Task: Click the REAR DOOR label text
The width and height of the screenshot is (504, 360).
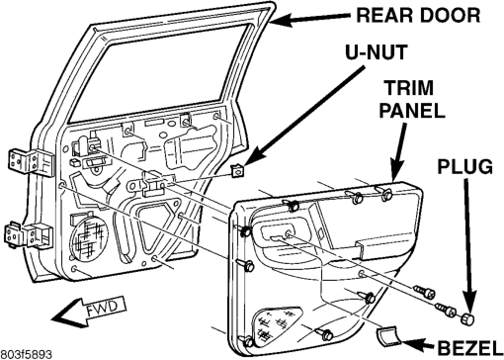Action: (418, 15)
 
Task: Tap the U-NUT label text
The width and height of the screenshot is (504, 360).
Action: (377, 52)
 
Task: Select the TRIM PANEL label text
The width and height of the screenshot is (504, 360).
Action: (412, 99)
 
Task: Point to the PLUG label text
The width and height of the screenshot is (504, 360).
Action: (464, 166)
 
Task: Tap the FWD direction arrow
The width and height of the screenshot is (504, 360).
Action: (89, 310)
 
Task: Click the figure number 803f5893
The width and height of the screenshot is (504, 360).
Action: (26, 355)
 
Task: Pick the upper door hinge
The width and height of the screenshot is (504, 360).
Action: (31, 162)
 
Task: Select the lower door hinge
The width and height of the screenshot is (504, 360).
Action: (28, 235)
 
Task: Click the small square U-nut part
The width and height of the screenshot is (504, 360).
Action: (237, 171)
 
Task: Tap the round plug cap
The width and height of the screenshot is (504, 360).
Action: (467, 319)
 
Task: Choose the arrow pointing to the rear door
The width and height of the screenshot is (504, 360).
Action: (309, 19)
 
